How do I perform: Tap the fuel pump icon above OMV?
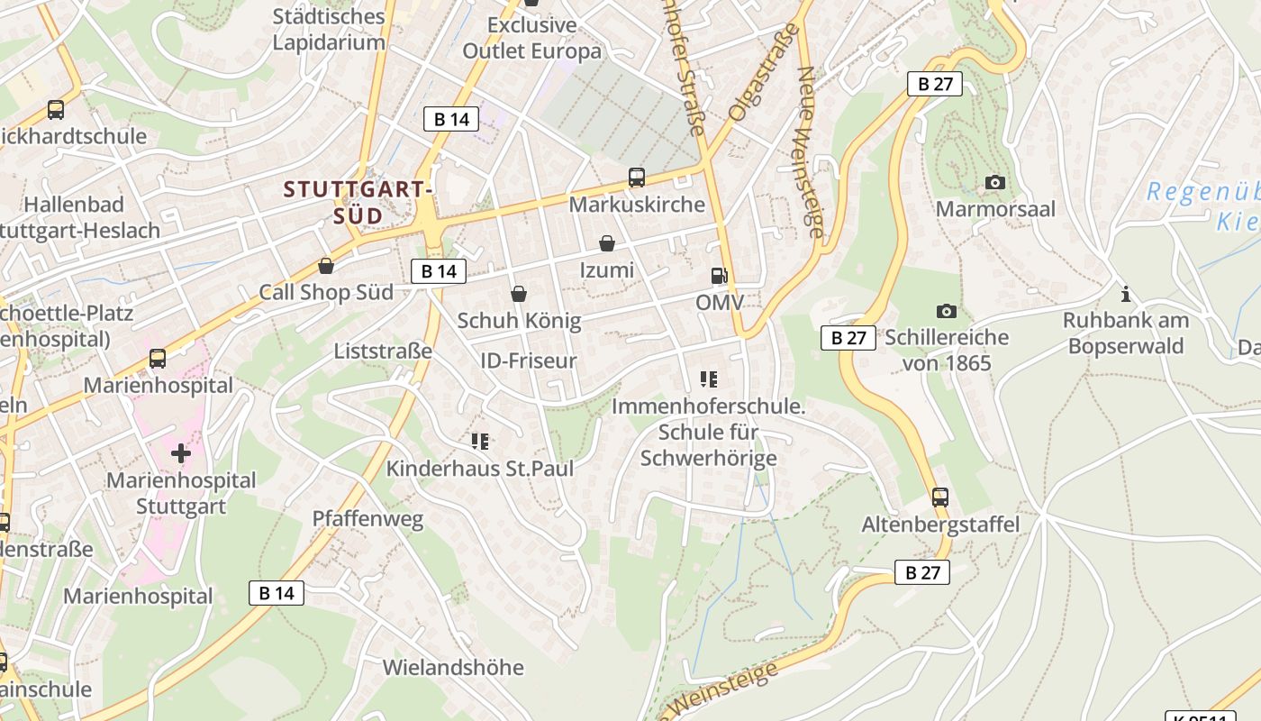click(719, 276)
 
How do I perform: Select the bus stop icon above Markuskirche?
click(637, 178)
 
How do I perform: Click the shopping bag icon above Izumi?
click(607, 243)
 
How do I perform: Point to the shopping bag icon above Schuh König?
click(518, 294)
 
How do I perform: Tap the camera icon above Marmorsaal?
click(995, 183)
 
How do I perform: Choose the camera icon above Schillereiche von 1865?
click(946, 311)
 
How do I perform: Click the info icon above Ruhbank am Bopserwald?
click(1125, 294)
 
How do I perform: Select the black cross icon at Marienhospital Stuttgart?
click(181, 452)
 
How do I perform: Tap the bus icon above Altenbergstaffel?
click(940, 497)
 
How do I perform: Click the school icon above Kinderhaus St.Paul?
click(480, 441)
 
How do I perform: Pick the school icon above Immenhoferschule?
click(709, 379)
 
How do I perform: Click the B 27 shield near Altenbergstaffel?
click(922, 572)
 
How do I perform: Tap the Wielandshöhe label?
click(453, 668)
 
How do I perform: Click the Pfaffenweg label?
click(367, 519)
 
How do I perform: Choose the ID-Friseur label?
click(529, 361)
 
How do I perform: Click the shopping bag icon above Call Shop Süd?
click(326, 266)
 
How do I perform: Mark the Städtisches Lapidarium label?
click(329, 29)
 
